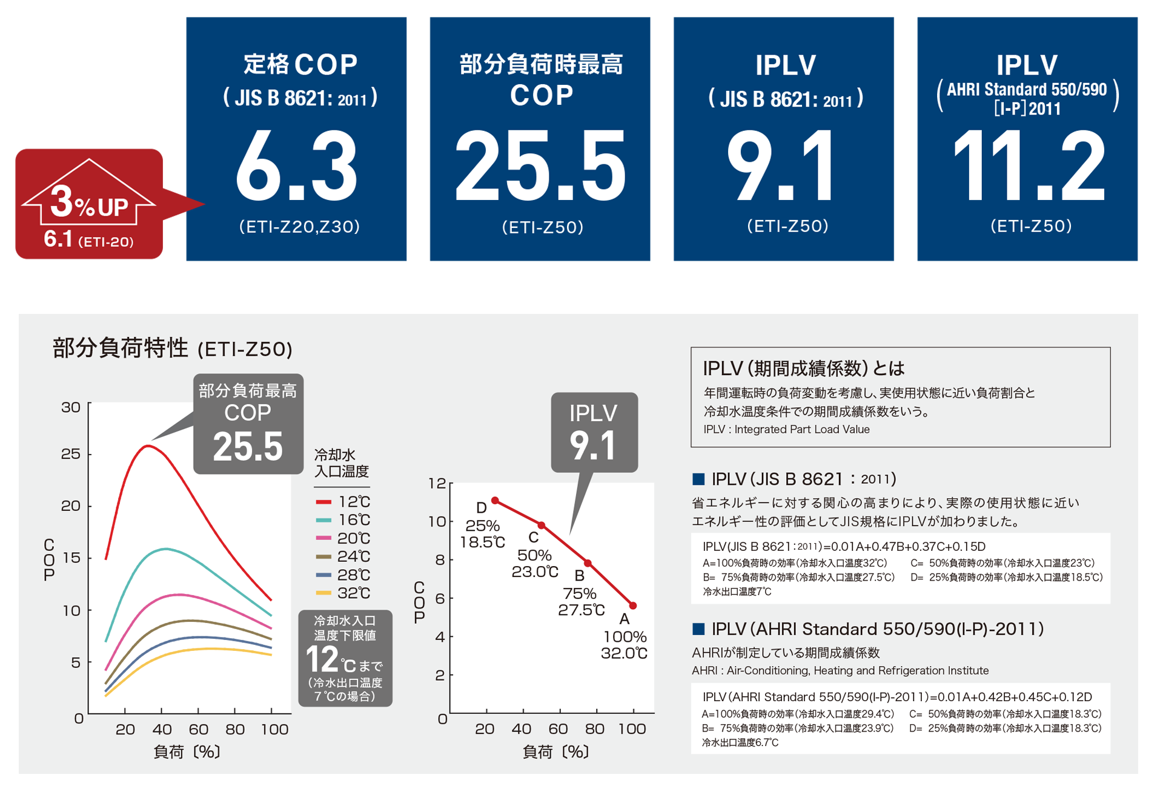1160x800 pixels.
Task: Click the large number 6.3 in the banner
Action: point(297,167)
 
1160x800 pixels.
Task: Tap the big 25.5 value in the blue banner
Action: point(540,167)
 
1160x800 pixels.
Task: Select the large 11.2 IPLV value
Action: point(1029,167)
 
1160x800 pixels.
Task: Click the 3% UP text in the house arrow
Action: point(89,204)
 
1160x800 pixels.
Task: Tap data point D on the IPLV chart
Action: point(495,501)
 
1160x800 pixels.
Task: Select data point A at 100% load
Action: point(633,605)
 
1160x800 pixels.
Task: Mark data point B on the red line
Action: point(588,564)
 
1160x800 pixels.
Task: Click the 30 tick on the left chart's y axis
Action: point(71,407)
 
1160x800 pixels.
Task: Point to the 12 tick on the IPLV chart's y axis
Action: point(437,484)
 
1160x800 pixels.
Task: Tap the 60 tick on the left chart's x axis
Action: point(198,729)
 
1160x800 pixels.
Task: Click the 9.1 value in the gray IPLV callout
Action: point(593,445)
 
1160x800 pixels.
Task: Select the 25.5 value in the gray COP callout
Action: point(248,447)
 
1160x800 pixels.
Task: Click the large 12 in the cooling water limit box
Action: point(322,659)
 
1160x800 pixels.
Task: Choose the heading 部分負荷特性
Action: point(121,348)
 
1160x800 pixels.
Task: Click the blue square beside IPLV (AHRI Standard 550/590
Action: point(698,629)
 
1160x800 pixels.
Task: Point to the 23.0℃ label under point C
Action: point(534,572)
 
